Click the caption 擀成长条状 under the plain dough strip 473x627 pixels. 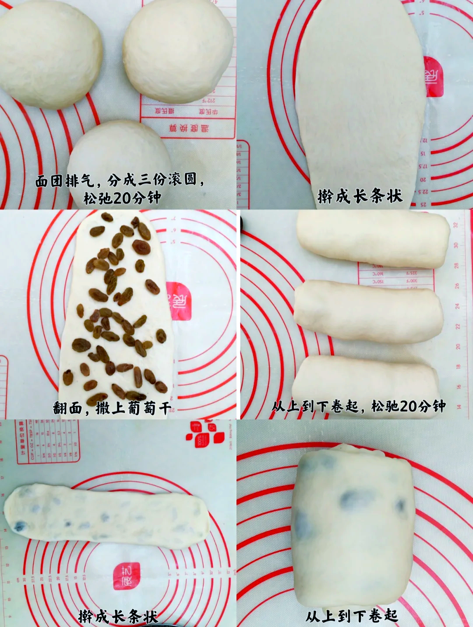point(360,196)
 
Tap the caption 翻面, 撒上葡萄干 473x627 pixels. point(112,408)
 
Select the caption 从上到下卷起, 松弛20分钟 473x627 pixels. point(358,406)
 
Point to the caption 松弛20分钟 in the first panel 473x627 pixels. point(122,198)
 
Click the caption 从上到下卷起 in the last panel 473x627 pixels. point(352,616)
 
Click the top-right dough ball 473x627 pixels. point(178,50)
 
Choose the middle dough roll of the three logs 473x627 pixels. point(368,311)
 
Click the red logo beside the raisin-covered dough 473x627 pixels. point(178,301)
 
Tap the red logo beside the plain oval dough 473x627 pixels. point(434,77)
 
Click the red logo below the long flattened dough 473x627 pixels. point(127,575)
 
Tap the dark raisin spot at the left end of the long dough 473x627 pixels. point(19,526)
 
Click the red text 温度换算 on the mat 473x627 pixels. point(189,128)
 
